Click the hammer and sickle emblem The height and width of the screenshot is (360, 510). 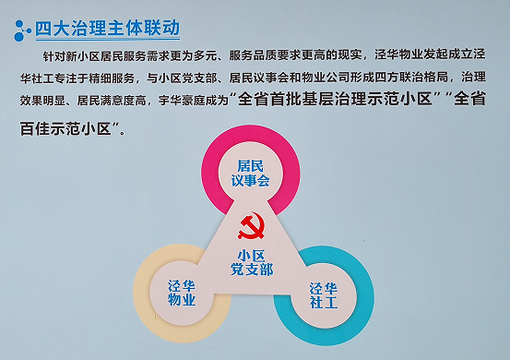pyautogui.click(x=251, y=226)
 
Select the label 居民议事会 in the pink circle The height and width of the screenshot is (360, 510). pyautogui.click(x=252, y=173)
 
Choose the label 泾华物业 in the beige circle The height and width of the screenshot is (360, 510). pyautogui.click(x=181, y=293)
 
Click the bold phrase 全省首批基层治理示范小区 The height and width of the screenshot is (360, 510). pyautogui.click(x=335, y=99)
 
